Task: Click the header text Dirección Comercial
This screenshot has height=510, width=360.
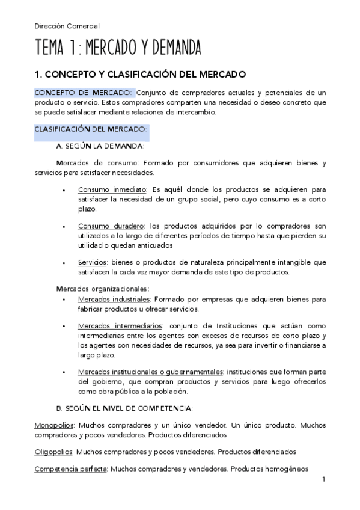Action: [67, 26]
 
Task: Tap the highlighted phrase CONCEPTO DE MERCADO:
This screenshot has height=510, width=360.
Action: [83, 93]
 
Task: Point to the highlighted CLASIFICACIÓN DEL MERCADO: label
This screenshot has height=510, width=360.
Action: [90, 129]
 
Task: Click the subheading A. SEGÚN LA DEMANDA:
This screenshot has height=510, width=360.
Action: [100, 146]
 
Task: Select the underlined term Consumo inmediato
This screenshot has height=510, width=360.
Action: [112, 189]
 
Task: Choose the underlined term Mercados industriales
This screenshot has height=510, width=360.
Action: [115, 299]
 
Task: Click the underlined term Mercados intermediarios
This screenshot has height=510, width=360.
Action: [118, 325]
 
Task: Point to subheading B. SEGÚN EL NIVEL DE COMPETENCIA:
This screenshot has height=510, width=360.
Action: [124, 408]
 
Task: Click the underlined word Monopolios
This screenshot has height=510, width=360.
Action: [54, 425]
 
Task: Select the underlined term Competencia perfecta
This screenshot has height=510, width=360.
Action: [70, 469]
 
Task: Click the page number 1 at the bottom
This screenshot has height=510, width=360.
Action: [323, 479]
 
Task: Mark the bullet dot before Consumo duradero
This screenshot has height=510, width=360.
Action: [64, 226]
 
